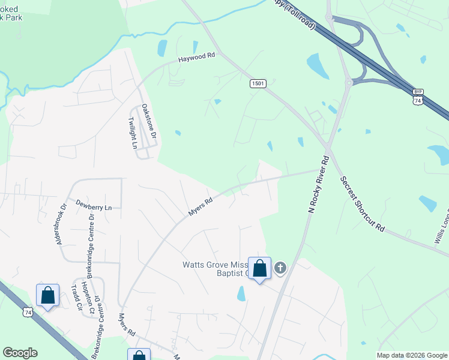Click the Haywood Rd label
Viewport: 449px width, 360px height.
click(x=196, y=58)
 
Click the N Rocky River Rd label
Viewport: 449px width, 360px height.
click(x=318, y=184)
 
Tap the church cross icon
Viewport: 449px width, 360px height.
click(x=280, y=269)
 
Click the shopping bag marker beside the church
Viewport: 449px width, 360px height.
click(x=259, y=269)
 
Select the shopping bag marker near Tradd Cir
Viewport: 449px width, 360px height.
click(x=47, y=296)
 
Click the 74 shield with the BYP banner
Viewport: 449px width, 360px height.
click(x=418, y=98)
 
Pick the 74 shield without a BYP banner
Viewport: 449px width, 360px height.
click(x=28, y=312)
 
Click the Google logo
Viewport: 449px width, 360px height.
click(x=20, y=353)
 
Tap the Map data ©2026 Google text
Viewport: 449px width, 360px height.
click(x=412, y=355)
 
